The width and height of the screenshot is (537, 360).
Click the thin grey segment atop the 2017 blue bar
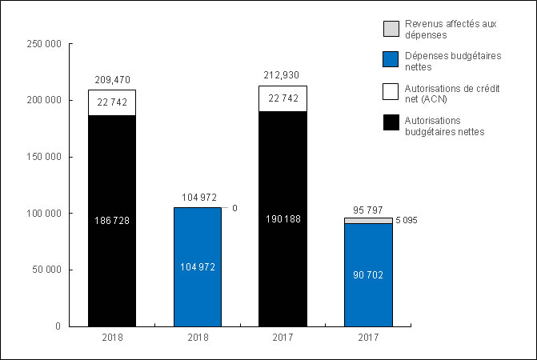pos(369,220)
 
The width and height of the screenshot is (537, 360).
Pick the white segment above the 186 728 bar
pos(112,102)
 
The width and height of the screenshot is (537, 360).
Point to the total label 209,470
pos(112,80)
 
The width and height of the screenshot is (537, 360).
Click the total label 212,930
pos(283,75)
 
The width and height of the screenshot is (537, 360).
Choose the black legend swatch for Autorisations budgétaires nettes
pos(391,121)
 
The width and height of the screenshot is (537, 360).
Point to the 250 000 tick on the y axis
pos(45,44)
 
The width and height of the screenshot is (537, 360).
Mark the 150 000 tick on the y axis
pos(45,157)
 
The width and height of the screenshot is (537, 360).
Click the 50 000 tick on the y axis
pos(47,270)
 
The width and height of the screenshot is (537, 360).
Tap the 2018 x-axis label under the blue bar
pos(198,338)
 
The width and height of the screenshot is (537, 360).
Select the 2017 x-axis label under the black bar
pos(283,338)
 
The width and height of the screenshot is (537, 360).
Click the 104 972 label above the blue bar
pos(198,197)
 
